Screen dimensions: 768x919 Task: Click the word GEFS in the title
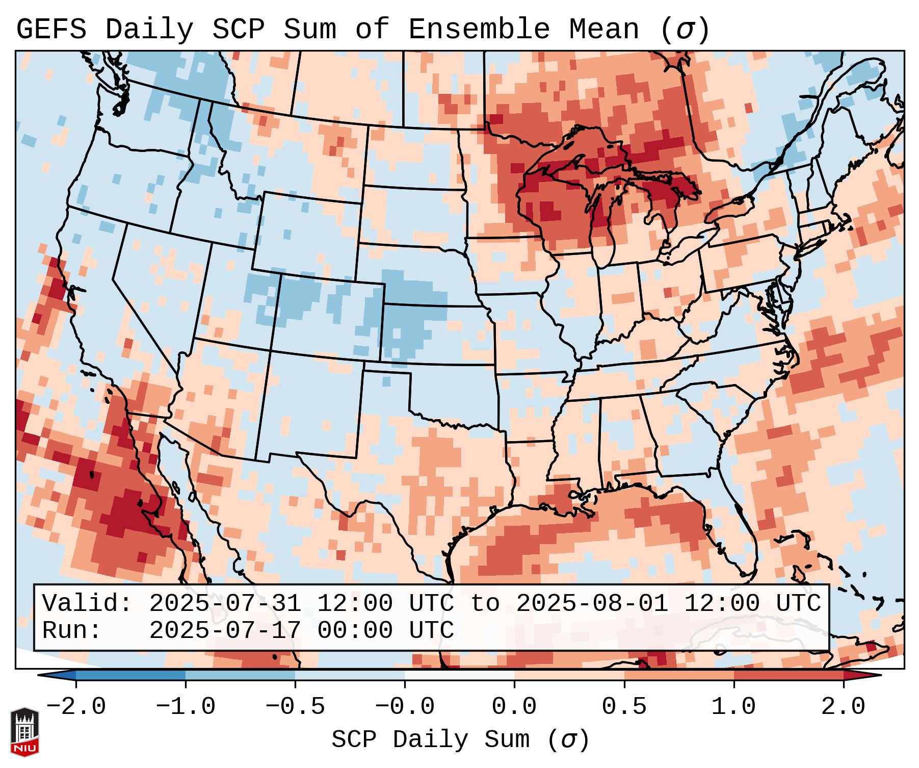click(x=51, y=30)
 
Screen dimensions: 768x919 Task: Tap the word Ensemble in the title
click(x=479, y=30)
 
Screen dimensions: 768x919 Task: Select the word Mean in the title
click(x=604, y=30)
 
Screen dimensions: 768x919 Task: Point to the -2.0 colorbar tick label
click(x=76, y=707)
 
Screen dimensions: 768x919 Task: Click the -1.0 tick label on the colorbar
click(x=186, y=707)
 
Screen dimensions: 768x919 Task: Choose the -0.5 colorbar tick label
click(x=295, y=707)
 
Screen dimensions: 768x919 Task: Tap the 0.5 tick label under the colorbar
click(x=624, y=707)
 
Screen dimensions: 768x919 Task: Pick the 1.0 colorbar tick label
click(x=733, y=707)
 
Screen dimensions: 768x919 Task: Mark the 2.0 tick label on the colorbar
click(x=843, y=707)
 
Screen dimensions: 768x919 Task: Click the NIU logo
click(x=24, y=732)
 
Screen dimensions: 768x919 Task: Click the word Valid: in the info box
click(x=87, y=604)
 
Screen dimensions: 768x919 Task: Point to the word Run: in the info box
click(x=72, y=630)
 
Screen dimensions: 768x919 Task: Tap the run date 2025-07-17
click(x=225, y=630)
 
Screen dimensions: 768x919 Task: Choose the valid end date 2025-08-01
click(x=592, y=604)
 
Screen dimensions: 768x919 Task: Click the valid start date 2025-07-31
click(x=225, y=604)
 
